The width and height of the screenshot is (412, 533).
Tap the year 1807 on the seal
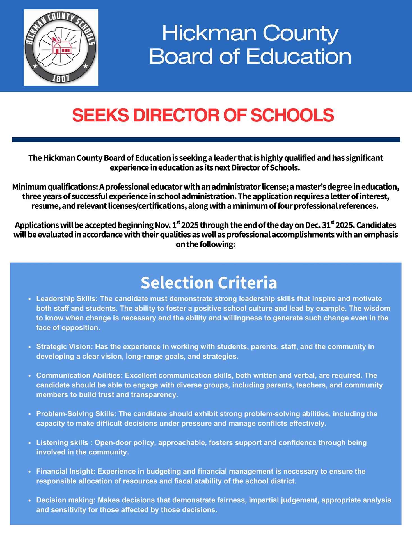click(61, 78)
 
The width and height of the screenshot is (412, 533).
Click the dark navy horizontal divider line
click(206, 139)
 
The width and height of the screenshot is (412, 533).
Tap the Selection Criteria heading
click(209, 283)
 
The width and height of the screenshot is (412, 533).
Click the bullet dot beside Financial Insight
click(29, 472)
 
